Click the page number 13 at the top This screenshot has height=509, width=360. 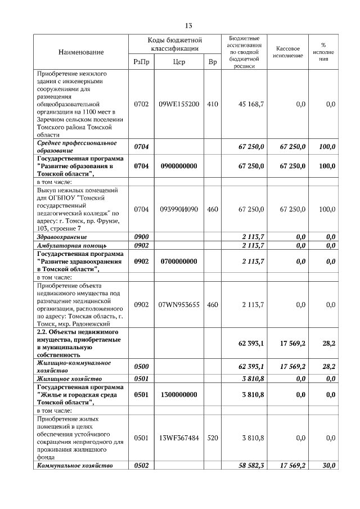(x=188, y=26)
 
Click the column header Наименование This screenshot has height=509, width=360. (x=81, y=52)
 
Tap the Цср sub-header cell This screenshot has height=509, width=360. (x=179, y=62)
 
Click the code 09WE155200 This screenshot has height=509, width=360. (x=179, y=104)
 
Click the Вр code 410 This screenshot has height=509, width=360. (x=212, y=104)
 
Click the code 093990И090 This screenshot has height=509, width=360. (x=179, y=209)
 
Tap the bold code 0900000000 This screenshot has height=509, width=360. (x=179, y=166)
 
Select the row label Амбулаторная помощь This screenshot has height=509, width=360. (x=72, y=246)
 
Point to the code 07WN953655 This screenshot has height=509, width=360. (x=179, y=304)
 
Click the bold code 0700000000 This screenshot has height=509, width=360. (x=179, y=262)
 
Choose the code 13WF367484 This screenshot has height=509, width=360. (x=179, y=438)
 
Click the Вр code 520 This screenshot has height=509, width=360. (x=212, y=438)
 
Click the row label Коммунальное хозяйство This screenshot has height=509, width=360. (x=75, y=466)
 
